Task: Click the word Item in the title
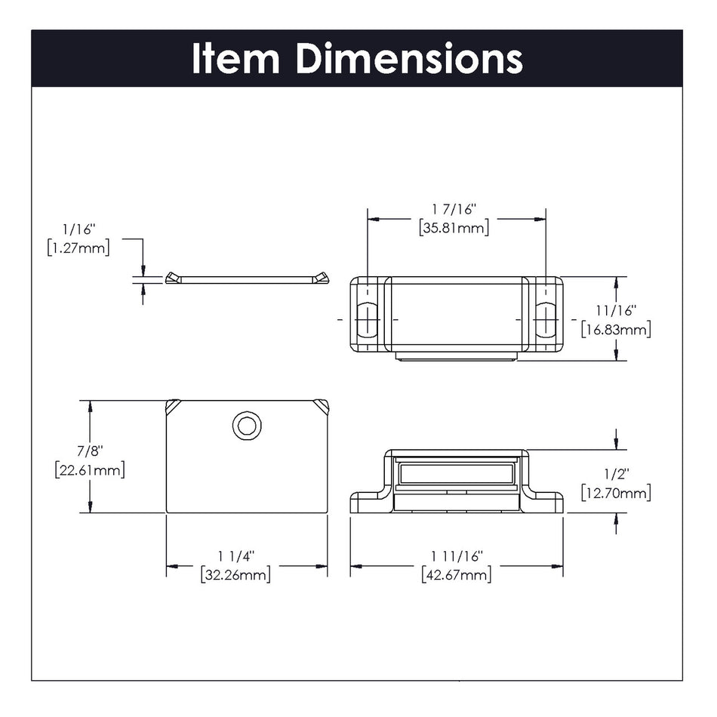[236, 58]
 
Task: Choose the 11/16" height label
[615, 310]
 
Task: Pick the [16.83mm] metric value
[615, 328]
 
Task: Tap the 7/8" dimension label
[90, 451]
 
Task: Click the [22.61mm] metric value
[90, 469]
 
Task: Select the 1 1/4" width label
[236, 556]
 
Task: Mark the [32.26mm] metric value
[236, 574]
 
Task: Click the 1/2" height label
[615, 475]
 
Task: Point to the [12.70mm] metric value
[615, 493]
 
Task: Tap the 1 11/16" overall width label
[457, 556]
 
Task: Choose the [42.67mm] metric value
[457, 574]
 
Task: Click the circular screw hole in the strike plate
[246, 426]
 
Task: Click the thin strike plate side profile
[247, 279]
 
